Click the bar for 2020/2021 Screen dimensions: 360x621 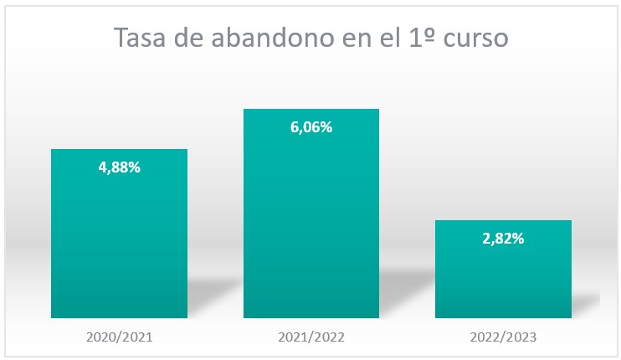[x=119, y=243]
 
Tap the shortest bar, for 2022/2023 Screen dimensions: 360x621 [x=503, y=276]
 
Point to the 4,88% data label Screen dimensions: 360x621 [x=119, y=167]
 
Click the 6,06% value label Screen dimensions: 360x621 [x=311, y=127]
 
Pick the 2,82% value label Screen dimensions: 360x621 [x=503, y=239]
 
